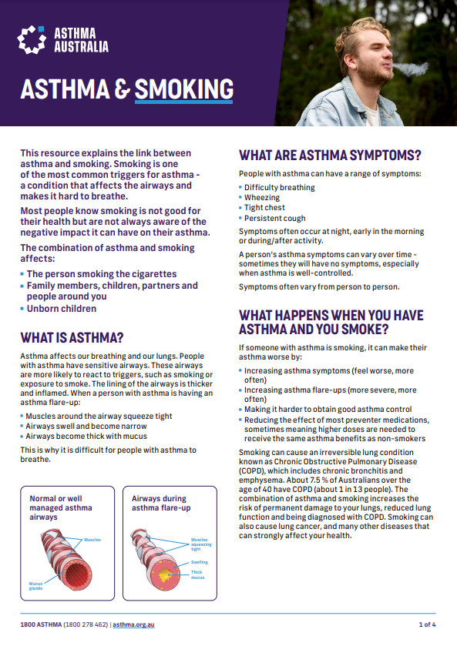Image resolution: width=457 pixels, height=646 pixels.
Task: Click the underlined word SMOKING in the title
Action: pyautogui.click(x=183, y=89)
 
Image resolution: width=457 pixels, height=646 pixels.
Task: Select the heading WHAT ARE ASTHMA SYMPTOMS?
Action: pyautogui.click(x=330, y=156)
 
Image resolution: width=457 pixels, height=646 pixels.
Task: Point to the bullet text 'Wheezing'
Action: pyautogui.click(x=262, y=197)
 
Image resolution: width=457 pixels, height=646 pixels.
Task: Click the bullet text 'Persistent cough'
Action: pyautogui.click(x=274, y=218)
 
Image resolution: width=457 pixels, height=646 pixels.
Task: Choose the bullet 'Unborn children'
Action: pyautogui.click(x=62, y=309)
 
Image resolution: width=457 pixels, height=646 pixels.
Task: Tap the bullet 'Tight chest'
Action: pyautogui.click(x=264, y=208)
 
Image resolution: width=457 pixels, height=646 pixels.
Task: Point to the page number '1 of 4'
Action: pyautogui.click(x=428, y=624)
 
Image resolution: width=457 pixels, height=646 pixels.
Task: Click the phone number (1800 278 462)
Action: pyautogui.click(x=86, y=624)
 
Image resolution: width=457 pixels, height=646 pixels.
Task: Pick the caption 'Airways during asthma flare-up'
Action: pyautogui.click(x=162, y=503)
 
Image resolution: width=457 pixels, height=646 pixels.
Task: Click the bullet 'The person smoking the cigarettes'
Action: pyautogui.click(x=102, y=274)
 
